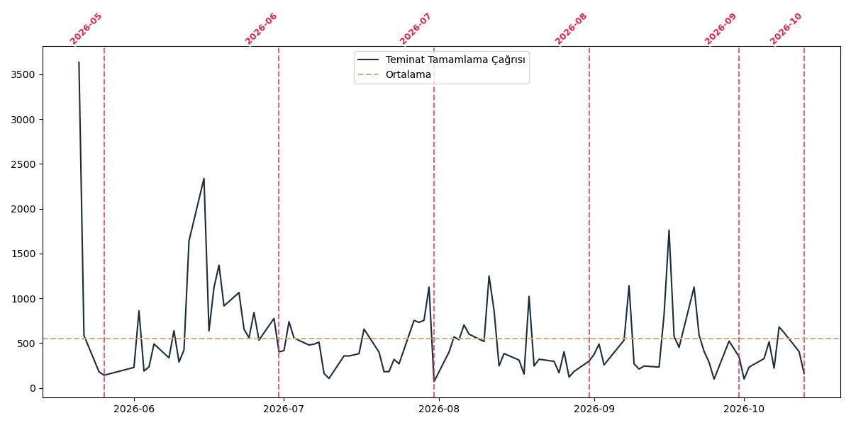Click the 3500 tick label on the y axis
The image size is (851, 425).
tap(23, 75)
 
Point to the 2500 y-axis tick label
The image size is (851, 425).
tap(23, 164)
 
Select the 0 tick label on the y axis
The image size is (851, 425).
tap(32, 389)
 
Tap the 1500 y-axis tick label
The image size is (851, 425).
tap(23, 254)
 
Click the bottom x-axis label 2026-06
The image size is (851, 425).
tap(134, 409)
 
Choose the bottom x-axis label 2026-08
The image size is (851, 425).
tap(439, 409)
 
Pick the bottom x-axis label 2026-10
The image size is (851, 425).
tap(744, 409)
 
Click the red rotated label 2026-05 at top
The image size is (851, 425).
tap(86, 29)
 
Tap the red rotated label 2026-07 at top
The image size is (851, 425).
tap(416, 29)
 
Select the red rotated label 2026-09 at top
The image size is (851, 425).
tap(721, 29)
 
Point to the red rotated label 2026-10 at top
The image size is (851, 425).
tap(786, 29)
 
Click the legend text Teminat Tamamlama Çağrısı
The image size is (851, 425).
tap(455, 60)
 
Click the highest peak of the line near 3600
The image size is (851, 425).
tap(79, 62)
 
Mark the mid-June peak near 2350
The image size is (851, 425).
tap(204, 178)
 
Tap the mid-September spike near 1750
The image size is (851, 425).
tap(669, 230)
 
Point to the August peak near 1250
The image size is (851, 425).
tap(489, 276)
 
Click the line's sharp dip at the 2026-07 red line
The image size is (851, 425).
tap(434, 381)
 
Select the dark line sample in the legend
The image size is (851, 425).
tap(368, 59)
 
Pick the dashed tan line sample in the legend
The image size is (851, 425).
tap(368, 74)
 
